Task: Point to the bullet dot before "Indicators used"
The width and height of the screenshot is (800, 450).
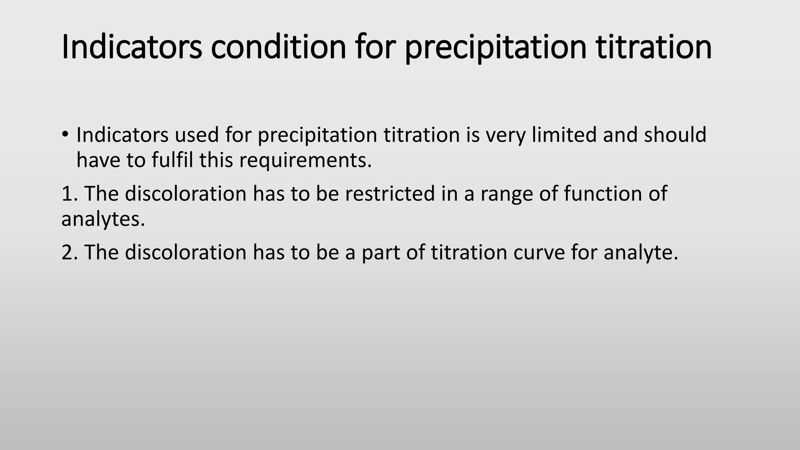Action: pos(65,135)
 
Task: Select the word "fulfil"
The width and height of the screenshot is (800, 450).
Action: pos(172,160)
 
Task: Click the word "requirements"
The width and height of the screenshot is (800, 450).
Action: pos(305,161)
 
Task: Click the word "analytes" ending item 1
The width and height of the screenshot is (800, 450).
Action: pos(103,219)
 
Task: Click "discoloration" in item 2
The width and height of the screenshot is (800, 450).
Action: pos(186,252)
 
